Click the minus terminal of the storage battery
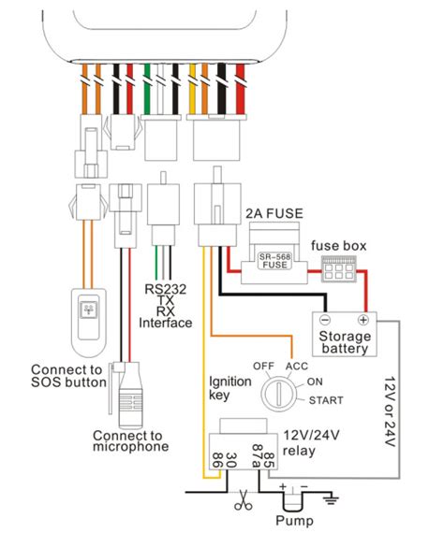(x=324, y=319)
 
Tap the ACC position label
(x=298, y=365)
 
